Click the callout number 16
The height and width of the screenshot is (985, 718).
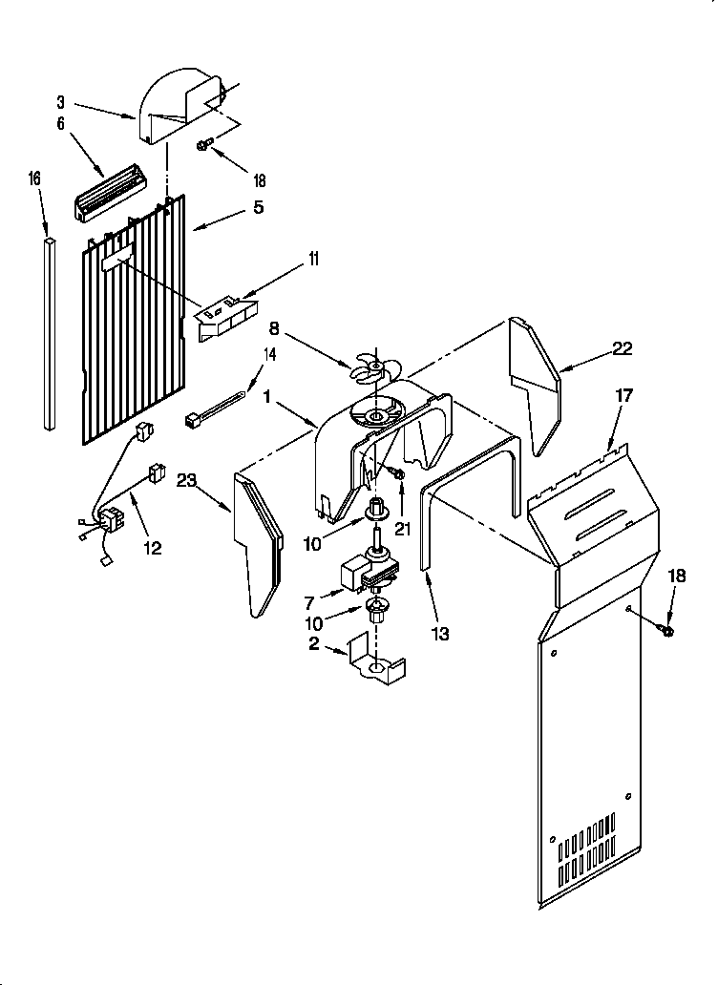click(34, 178)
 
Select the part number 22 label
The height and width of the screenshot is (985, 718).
click(623, 348)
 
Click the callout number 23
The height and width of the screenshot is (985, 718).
click(187, 482)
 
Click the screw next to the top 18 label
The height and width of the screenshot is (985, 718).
click(203, 145)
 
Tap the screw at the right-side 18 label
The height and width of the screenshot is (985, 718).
click(665, 629)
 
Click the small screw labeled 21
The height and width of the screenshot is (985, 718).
click(395, 472)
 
